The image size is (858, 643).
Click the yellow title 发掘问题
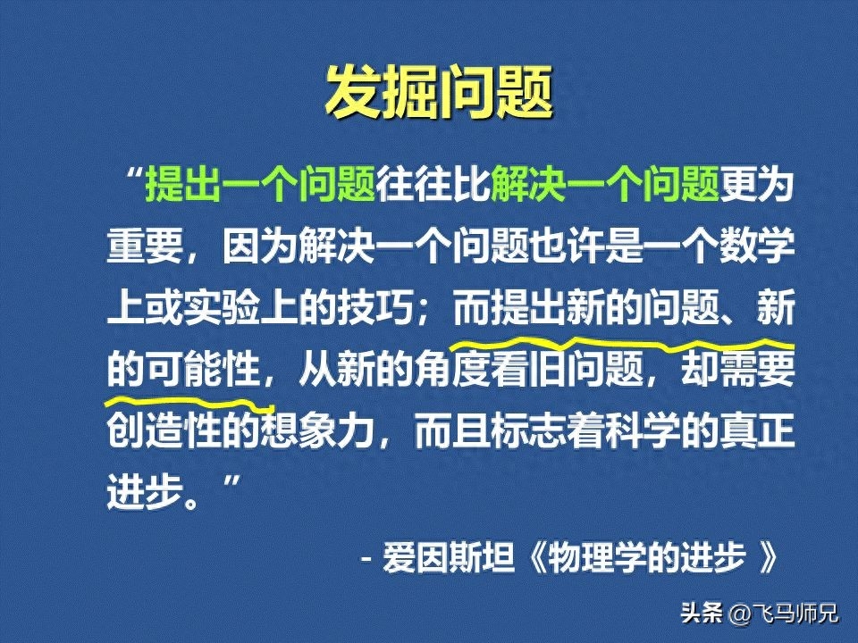439,91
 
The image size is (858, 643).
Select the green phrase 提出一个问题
260,184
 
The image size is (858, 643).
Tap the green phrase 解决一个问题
605,184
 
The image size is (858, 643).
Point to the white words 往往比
433,184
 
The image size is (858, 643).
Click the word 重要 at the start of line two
145,245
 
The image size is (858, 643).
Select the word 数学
757,245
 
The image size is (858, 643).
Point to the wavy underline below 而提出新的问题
621,345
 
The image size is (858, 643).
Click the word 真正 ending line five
757,430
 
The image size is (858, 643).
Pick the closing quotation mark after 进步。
231,484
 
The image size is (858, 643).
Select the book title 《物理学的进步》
652,558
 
